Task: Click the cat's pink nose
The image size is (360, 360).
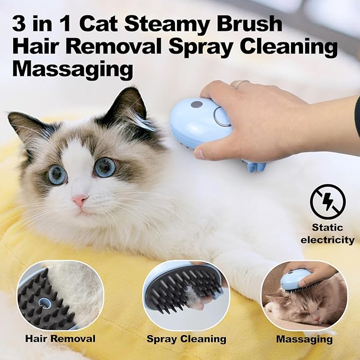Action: pos(80,201)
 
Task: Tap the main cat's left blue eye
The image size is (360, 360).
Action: pos(57,174)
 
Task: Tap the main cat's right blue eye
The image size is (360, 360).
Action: pos(106,167)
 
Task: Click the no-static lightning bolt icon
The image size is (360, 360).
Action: pos(328,202)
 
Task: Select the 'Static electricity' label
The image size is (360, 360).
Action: pos(327,234)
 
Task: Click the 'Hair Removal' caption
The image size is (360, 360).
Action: pos(59,338)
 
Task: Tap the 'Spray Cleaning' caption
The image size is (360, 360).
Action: pos(186,338)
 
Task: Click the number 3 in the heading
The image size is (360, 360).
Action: pos(21,25)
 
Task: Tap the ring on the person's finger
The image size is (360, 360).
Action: pos(240,83)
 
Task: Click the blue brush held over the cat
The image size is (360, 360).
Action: pos(199,123)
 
